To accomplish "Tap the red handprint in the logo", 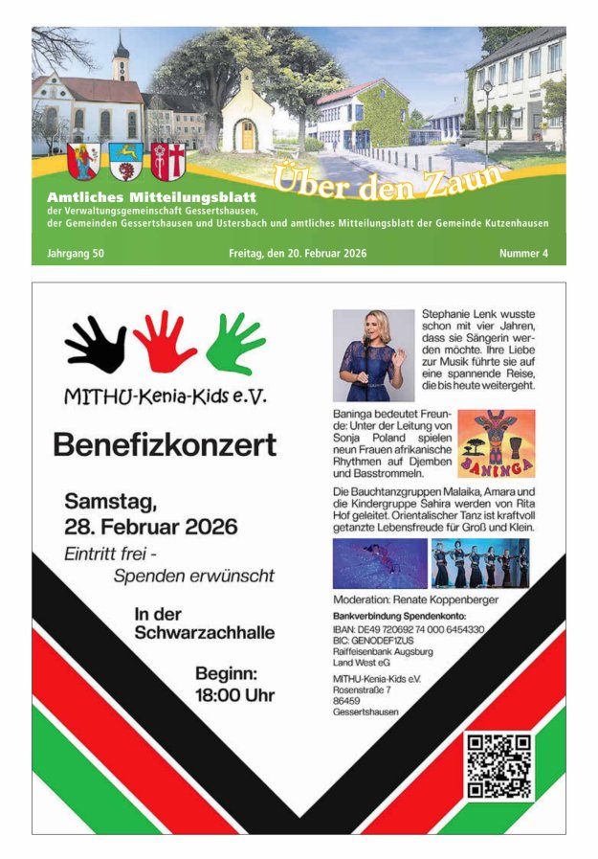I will tap(164, 341).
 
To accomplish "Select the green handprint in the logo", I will tap(234, 343).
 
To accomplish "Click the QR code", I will tap(498, 766).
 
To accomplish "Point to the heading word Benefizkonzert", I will tap(165, 444).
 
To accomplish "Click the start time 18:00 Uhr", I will tap(234, 695).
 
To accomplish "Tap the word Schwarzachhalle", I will tap(204, 633).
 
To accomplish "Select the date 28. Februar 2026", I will tap(151, 527).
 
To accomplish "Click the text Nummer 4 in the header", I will tap(523, 254).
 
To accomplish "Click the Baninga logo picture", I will tap(496, 443).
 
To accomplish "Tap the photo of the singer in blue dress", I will tap(373, 355).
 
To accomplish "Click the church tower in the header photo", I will tap(121, 59).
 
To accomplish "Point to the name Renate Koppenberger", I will tap(442, 599).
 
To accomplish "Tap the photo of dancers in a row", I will tap(479, 562).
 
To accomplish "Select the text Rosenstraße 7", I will tap(362, 689).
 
